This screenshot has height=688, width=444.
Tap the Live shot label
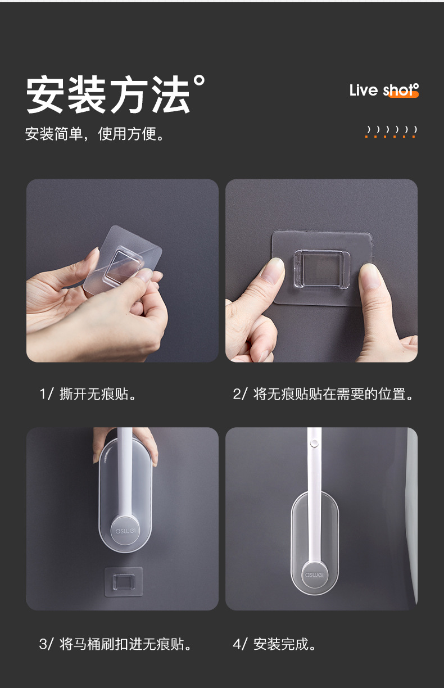pos(383,90)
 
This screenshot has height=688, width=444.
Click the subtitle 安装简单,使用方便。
pos(96,134)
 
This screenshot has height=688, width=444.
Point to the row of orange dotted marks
pos(391,132)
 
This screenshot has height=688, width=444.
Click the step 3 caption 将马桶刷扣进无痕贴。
pos(117,644)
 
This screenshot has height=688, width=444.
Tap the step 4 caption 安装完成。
pos(275,644)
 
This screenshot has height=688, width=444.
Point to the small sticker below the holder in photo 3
pos(124,581)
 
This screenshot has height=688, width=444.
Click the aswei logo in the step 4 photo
pos(315,574)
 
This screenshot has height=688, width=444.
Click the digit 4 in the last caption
pos(237,644)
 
